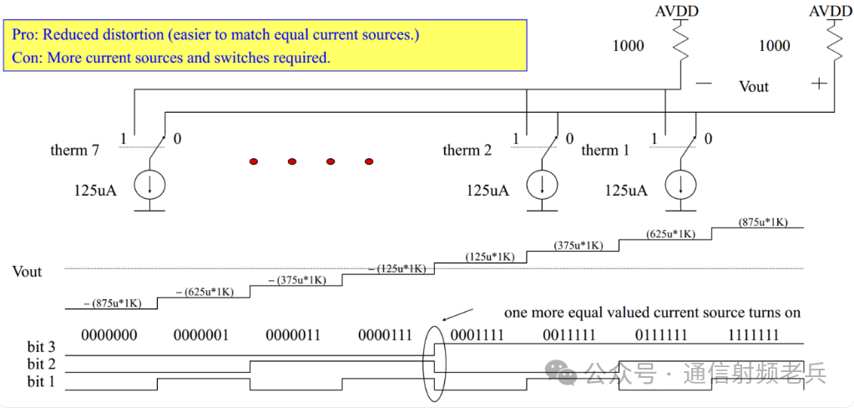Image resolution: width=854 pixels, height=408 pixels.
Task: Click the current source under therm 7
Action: pyautogui.click(x=150, y=186)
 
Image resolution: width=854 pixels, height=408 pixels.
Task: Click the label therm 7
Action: pyautogui.click(x=75, y=150)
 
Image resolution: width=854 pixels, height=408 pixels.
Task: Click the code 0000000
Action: pyautogui.click(x=109, y=335)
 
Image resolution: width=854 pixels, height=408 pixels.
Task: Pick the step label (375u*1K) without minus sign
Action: pyautogui.click(x=578, y=245)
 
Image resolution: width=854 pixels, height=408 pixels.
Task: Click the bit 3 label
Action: pyautogui.click(x=41, y=347)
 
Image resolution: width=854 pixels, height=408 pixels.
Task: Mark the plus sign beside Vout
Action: pyautogui.click(x=819, y=83)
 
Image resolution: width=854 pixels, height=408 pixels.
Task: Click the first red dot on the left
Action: pyautogui.click(x=255, y=161)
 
